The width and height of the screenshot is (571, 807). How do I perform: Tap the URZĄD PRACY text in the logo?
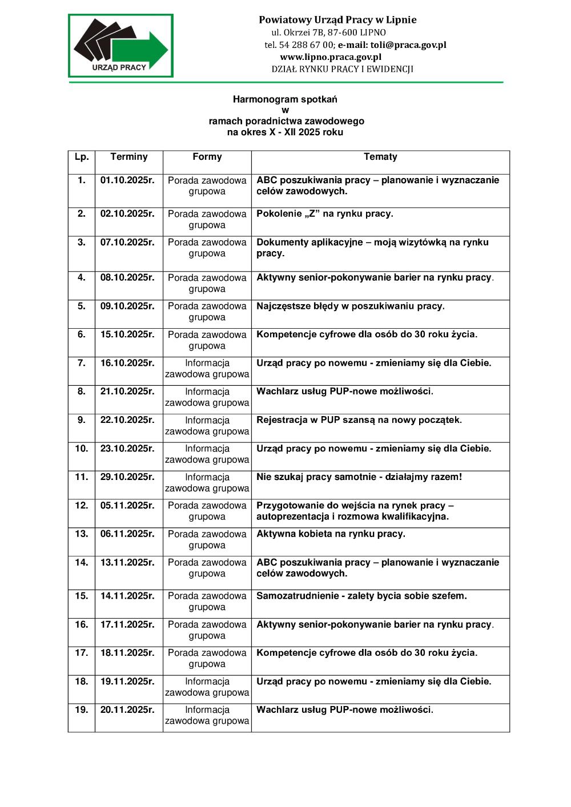pos(119,67)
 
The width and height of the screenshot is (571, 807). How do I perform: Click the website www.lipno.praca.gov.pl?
pos(331,57)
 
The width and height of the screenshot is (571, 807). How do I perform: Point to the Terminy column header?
pos(129,157)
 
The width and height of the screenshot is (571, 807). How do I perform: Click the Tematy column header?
pos(380,157)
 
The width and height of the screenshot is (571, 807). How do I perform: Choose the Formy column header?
pos(207,157)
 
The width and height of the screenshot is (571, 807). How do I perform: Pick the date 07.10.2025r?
pos(127,243)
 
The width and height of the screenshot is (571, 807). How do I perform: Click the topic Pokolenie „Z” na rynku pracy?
pos(324,214)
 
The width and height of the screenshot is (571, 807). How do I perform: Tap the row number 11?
pos(82,477)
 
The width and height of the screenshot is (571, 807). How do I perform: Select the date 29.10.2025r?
pos(127,477)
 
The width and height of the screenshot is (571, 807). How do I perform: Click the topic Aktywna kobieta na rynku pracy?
pos(331,534)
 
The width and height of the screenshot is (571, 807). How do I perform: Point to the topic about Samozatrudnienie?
pos(361,596)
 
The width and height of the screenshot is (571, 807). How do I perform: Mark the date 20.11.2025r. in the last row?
pos(127,710)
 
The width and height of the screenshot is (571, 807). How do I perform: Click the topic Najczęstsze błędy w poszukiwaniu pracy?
pos(350,306)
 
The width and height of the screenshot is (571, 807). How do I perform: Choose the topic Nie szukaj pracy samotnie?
pos(359,477)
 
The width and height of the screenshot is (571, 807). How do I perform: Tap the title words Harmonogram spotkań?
pos(285,99)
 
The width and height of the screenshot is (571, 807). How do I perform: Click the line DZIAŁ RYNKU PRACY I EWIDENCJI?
pos(342,69)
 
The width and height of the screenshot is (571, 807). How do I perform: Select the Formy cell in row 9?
pos(207,426)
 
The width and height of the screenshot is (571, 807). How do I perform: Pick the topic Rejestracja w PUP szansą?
pos(359,420)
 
